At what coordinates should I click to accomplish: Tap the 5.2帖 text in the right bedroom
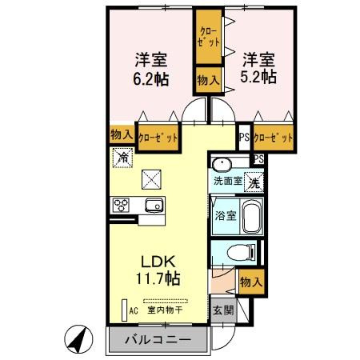point(258,77)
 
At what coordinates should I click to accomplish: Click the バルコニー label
point(158,340)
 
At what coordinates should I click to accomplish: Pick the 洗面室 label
point(227,181)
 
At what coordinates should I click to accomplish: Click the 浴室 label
point(225,215)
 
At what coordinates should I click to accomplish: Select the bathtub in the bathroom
point(250,216)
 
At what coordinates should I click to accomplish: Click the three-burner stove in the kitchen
point(122,206)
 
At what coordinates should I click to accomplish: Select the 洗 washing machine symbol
point(252,182)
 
